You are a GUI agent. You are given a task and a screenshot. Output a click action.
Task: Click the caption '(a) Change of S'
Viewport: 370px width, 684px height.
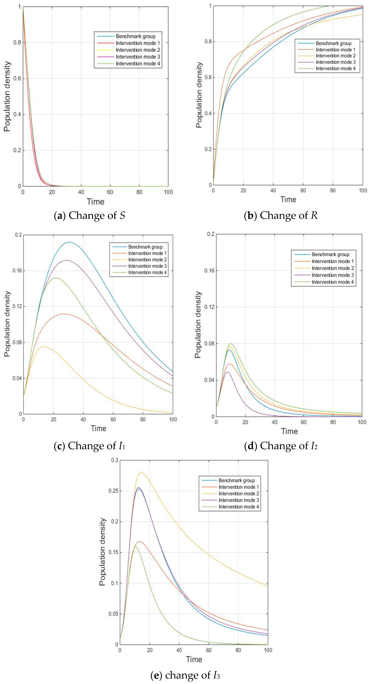[90, 215]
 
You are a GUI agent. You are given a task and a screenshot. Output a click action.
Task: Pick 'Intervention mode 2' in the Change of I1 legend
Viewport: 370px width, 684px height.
[147, 260]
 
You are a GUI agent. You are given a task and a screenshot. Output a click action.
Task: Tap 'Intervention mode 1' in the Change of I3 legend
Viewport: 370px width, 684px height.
[238, 487]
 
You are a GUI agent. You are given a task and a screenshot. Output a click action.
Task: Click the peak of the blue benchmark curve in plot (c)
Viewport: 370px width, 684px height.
[69, 242]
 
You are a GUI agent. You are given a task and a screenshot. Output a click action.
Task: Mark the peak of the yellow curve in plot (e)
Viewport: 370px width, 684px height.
[141, 472]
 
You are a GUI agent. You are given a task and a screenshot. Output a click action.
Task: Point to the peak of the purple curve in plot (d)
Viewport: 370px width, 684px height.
[227, 372]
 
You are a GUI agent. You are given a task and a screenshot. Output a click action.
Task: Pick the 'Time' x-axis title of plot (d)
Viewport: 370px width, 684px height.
[289, 431]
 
